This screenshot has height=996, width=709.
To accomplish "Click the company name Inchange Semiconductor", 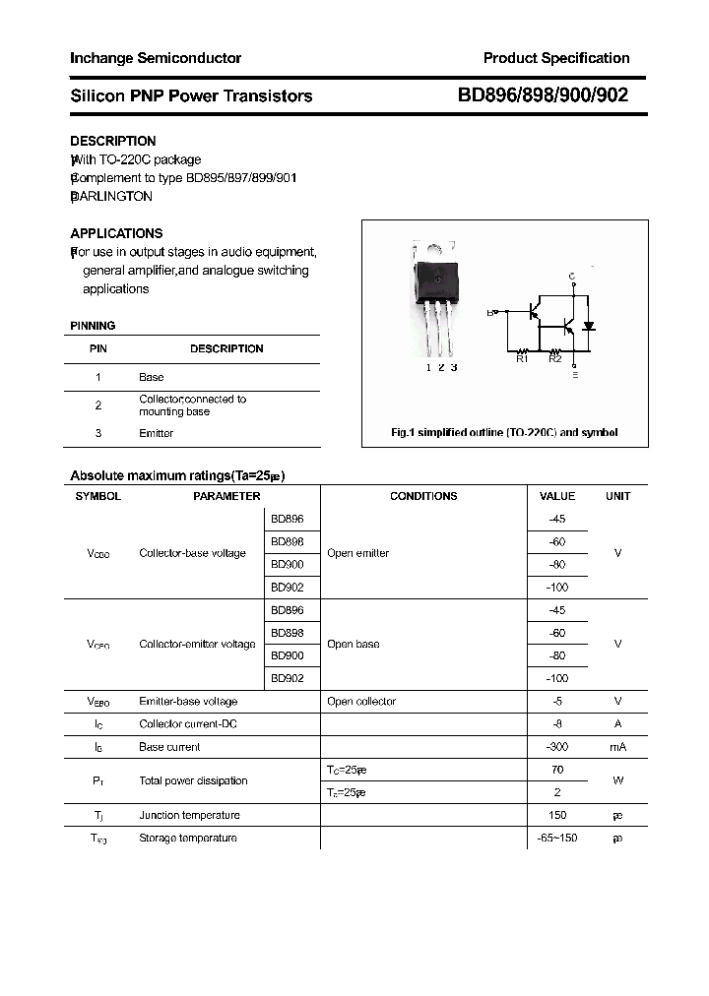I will pyautogui.click(x=156, y=58).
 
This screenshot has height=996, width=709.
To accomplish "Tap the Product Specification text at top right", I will pyautogui.click(x=555, y=58).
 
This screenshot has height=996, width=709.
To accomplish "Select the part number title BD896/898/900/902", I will pyautogui.click(x=543, y=95).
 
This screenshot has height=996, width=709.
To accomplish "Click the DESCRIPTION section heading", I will pyautogui.click(x=113, y=141).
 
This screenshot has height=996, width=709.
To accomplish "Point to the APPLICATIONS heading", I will pyautogui.click(x=116, y=233).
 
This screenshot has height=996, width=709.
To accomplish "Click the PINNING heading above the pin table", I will pyautogui.click(x=93, y=326).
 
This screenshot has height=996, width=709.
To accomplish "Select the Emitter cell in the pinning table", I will pyautogui.click(x=156, y=433).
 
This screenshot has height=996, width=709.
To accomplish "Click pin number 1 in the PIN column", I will pyautogui.click(x=97, y=377).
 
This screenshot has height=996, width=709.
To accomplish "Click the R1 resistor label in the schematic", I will pyautogui.click(x=523, y=359).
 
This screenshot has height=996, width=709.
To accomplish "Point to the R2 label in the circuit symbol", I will pyautogui.click(x=554, y=359).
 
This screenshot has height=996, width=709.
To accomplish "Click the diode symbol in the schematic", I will pyautogui.click(x=589, y=326).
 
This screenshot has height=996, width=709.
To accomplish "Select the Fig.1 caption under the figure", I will pyautogui.click(x=504, y=433).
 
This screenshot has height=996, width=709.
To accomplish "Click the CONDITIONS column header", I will pyautogui.click(x=423, y=496).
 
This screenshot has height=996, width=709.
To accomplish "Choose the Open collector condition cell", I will pyautogui.click(x=361, y=702).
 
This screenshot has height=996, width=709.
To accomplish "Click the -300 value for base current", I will pyautogui.click(x=556, y=747).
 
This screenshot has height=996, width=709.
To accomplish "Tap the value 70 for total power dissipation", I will pyautogui.click(x=556, y=770).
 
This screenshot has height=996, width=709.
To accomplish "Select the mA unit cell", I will pyautogui.click(x=617, y=747).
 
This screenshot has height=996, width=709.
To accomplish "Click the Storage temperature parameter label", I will pyautogui.click(x=188, y=838).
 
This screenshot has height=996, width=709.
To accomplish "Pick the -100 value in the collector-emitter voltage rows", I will pyautogui.click(x=556, y=678).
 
